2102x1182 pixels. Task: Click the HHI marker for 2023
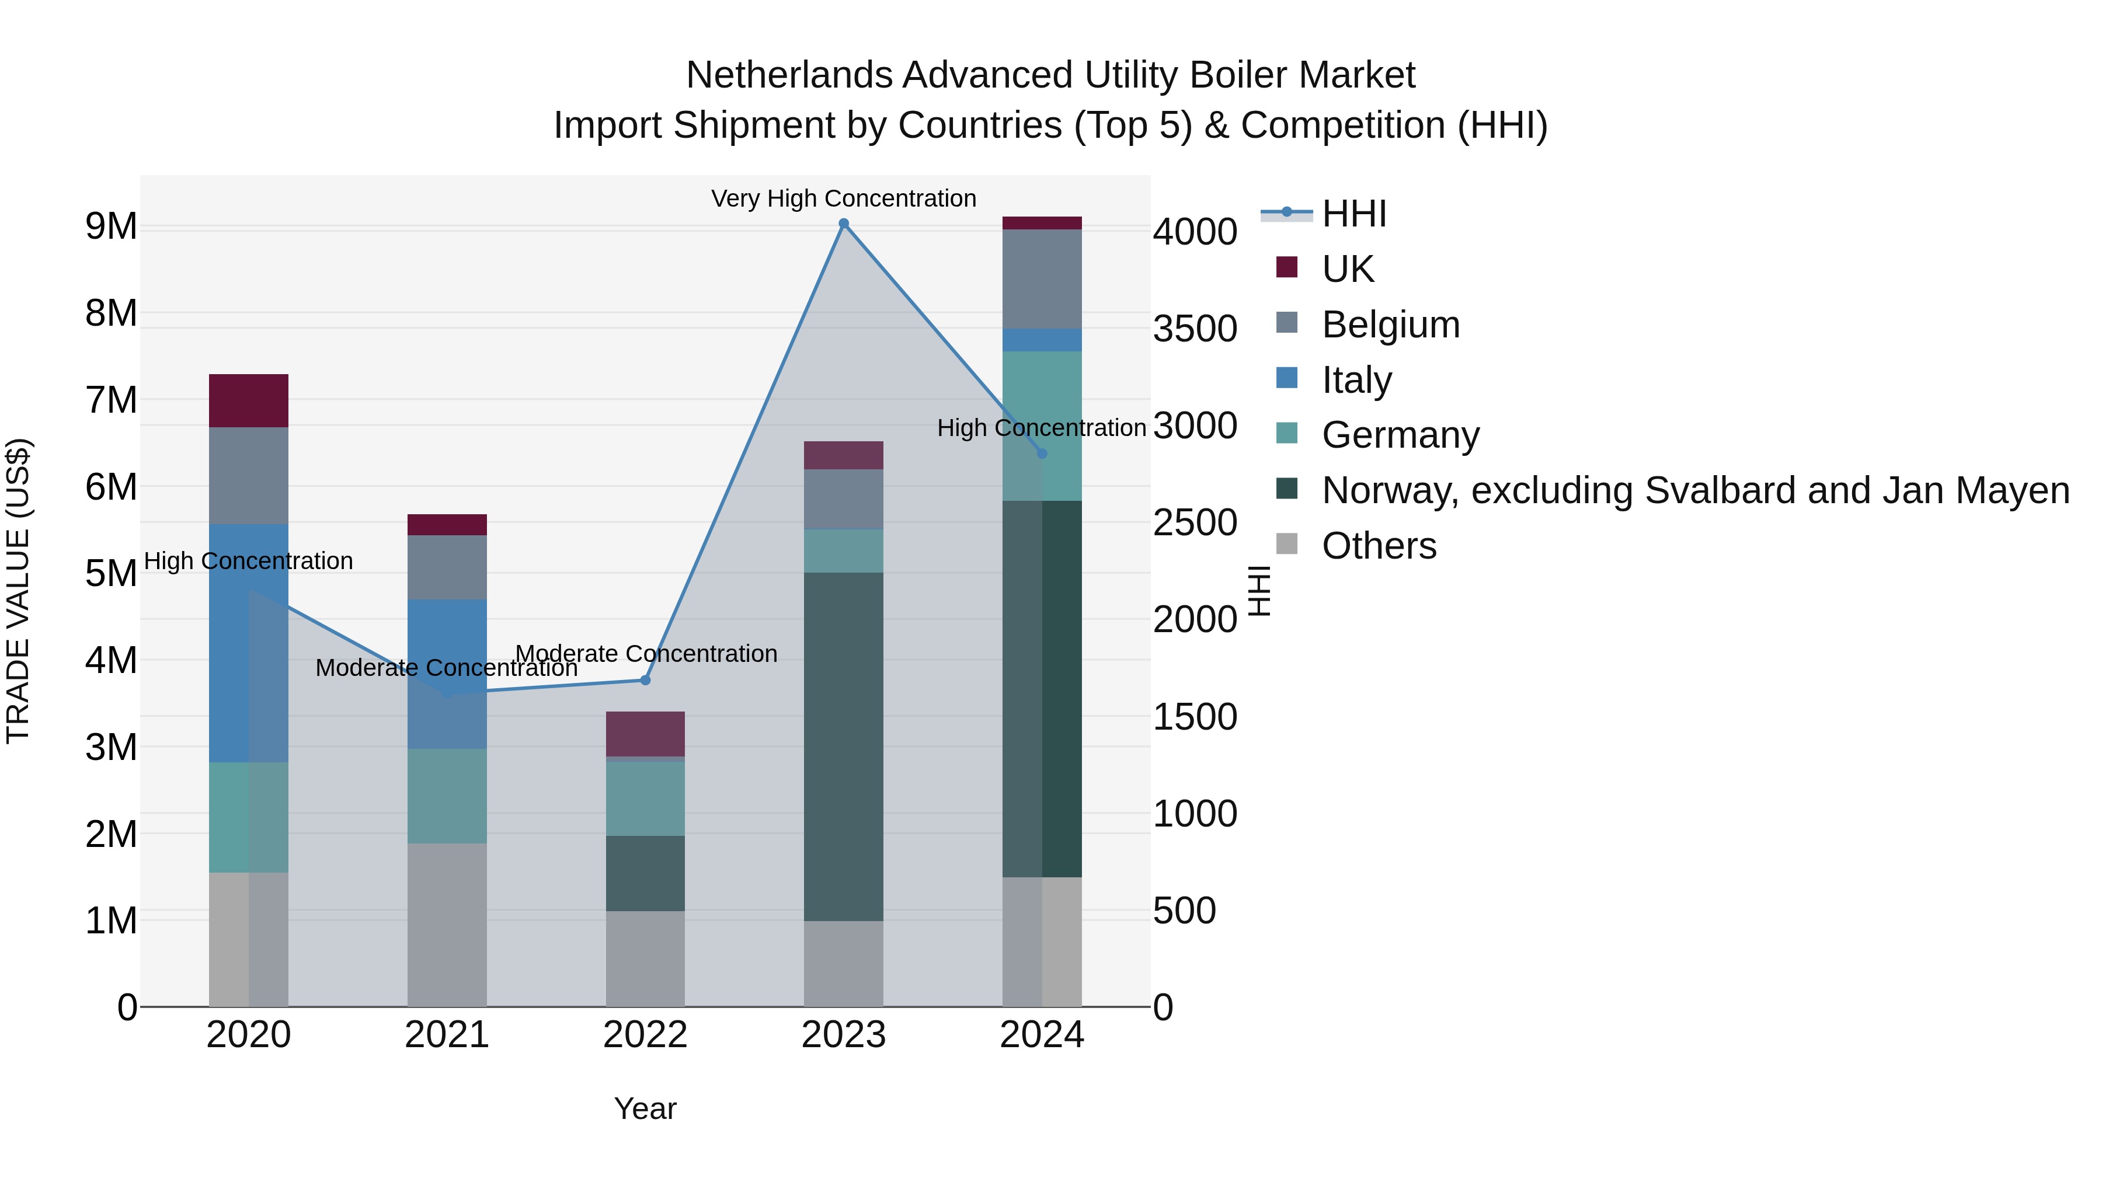tap(844, 224)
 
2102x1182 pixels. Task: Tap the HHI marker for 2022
tap(645, 679)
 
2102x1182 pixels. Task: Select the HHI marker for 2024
tap(1042, 454)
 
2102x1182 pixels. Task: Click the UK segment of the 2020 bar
tap(249, 400)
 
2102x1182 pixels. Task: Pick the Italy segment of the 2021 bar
tap(447, 674)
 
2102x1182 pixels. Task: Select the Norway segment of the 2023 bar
tap(844, 747)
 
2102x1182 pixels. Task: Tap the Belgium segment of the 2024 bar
tap(1042, 279)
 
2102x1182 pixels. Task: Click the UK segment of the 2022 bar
tap(645, 733)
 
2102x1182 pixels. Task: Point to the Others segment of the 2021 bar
tap(447, 924)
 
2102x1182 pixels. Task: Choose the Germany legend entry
tap(1400, 435)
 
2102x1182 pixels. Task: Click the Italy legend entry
tap(1356, 380)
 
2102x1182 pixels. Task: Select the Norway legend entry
tap(1695, 490)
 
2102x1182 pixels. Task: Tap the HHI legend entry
tap(1353, 214)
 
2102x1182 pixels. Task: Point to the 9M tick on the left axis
tap(111, 226)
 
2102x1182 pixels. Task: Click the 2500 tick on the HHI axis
tap(1195, 523)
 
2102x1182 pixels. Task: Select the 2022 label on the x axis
tap(645, 1034)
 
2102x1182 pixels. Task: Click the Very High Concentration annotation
tap(844, 198)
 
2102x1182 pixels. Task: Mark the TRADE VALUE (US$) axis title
tap(18, 591)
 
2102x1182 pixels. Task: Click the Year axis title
tap(645, 1108)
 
